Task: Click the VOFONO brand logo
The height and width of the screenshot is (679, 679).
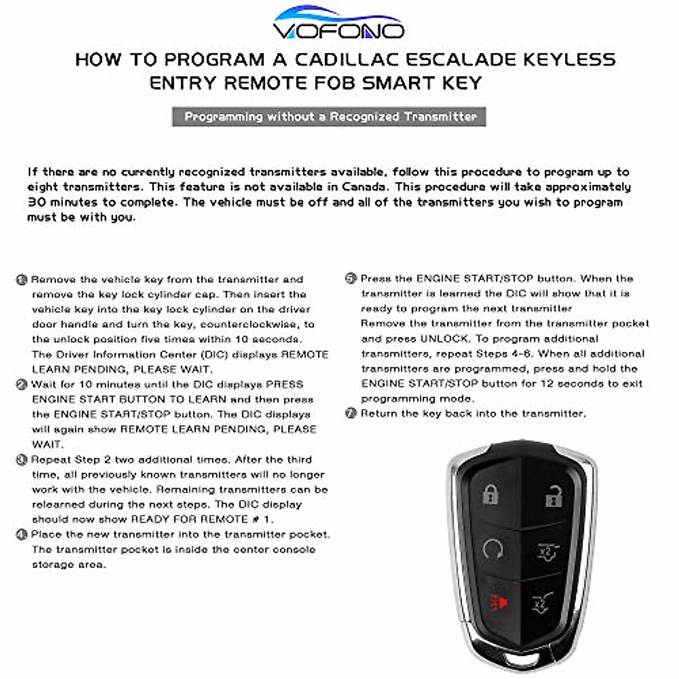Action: tap(338, 23)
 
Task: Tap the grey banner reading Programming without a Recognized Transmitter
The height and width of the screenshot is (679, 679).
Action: tap(330, 117)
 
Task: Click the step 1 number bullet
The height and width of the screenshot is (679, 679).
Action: tap(22, 280)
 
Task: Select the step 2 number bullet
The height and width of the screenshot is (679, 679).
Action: tap(22, 385)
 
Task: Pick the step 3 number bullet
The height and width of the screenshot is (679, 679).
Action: tap(22, 460)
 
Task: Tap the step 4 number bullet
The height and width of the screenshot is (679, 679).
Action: tap(22, 535)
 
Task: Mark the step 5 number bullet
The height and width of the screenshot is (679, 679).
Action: tap(351, 279)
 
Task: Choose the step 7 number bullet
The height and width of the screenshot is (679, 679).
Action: tap(351, 414)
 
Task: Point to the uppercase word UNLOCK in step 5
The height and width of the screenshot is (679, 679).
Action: tap(444, 339)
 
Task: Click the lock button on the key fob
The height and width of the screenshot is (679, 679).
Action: tap(491, 495)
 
